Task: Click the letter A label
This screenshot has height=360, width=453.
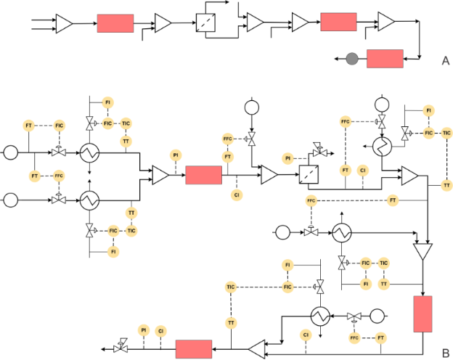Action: coord(446,61)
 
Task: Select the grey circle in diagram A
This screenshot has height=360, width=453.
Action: coord(351,59)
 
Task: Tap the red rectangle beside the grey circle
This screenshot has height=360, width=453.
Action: coord(385,59)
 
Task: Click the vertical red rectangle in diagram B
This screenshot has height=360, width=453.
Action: coord(422,314)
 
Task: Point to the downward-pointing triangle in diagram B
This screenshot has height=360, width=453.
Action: coord(422,252)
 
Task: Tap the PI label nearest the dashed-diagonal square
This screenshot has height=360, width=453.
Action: coord(288,158)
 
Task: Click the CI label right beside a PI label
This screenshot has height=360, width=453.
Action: coord(160,330)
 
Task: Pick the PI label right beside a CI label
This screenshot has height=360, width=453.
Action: coord(144,330)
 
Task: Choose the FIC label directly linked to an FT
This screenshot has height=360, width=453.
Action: coord(60,126)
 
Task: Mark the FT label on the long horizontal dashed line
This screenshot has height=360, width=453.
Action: coord(393,200)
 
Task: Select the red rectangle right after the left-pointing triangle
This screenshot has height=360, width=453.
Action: coord(194,349)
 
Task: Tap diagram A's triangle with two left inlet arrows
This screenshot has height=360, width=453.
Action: coord(64,25)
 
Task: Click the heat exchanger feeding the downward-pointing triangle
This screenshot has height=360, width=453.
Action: coord(342,232)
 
